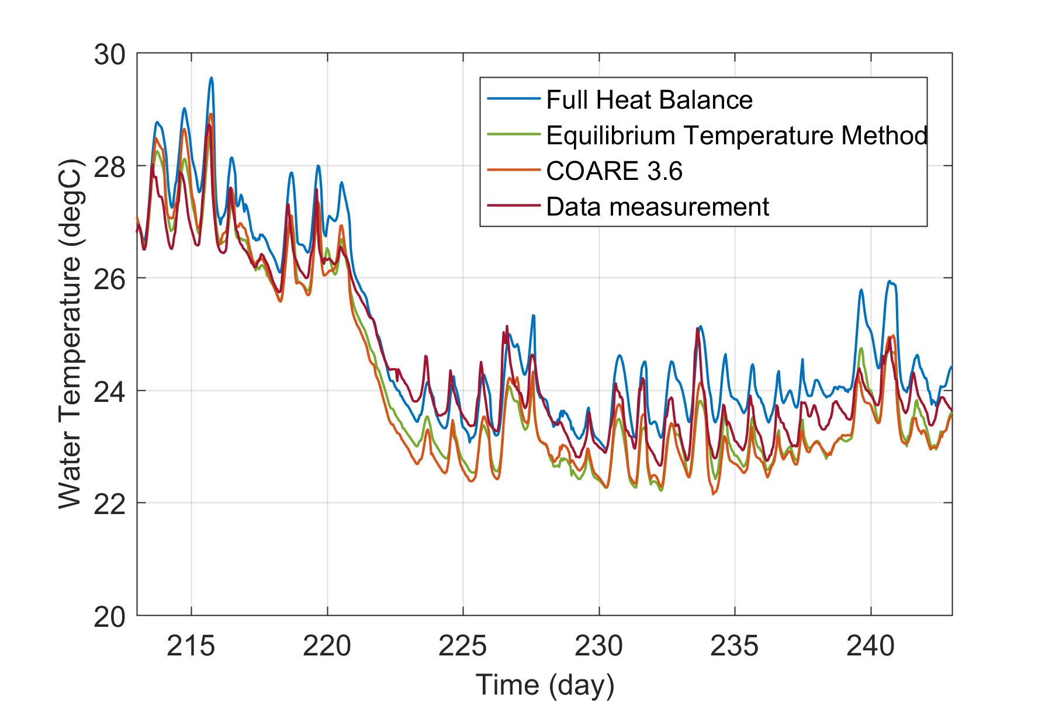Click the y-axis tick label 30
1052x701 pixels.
(109, 55)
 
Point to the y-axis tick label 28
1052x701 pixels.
(109, 168)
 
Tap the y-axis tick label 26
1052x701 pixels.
(109, 280)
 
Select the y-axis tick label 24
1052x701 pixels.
(109, 392)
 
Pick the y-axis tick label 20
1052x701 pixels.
(109, 617)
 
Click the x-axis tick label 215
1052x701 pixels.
(191, 646)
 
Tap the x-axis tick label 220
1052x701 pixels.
(327, 646)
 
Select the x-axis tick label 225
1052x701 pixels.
(463, 646)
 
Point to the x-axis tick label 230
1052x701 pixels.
(599, 646)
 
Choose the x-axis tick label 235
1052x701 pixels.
(735, 646)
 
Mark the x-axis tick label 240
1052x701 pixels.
(871, 646)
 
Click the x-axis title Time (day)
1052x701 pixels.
(545, 684)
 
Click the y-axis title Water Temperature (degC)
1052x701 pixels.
(70, 334)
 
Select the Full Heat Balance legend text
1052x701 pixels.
(649, 100)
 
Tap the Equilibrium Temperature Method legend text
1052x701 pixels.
(736, 136)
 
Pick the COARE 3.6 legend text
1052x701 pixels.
(614, 171)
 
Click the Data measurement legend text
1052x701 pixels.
(657, 207)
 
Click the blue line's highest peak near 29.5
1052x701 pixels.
(212, 78)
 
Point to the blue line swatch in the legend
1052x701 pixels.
(513, 99)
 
